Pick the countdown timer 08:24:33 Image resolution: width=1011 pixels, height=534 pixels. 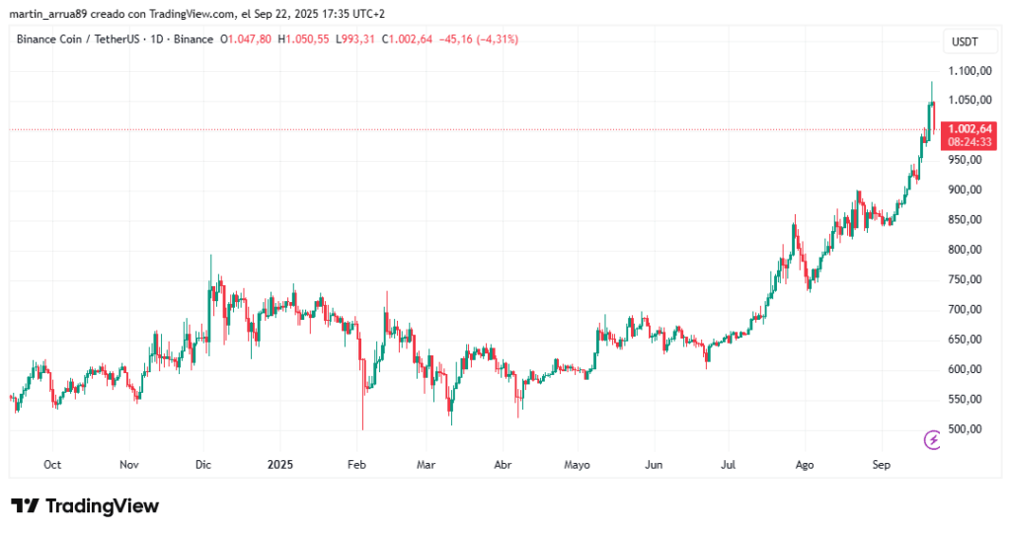pyautogui.click(x=969, y=142)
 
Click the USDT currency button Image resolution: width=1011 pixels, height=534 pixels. pyautogui.click(x=965, y=40)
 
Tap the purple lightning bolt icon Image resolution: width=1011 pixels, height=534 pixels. pyautogui.click(x=931, y=439)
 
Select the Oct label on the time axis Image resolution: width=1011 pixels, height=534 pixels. pyautogui.click(x=53, y=464)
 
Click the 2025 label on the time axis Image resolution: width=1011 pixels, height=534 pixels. pyautogui.click(x=279, y=464)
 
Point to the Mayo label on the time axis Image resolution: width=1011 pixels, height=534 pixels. pyautogui.click(x=578, y=464)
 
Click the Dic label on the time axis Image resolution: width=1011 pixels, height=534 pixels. pyautogui.click(x=204, y=464)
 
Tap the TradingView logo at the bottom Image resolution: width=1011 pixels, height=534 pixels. pyautogui.click(x=85, y=506)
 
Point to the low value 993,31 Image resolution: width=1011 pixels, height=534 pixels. pyautogui.click(x=354, y=39)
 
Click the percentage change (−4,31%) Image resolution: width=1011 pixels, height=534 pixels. pyautogui.click(x=496, y=39)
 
